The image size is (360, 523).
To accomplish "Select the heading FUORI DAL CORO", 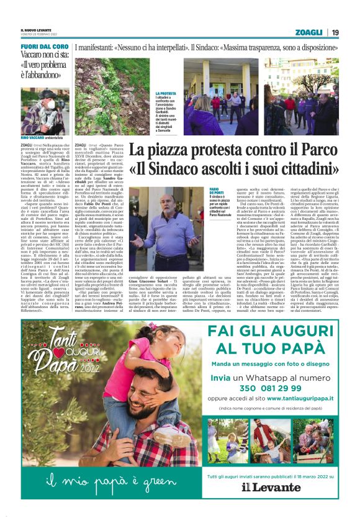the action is point(44,47).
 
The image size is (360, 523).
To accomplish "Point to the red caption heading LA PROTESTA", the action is point(166,94).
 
